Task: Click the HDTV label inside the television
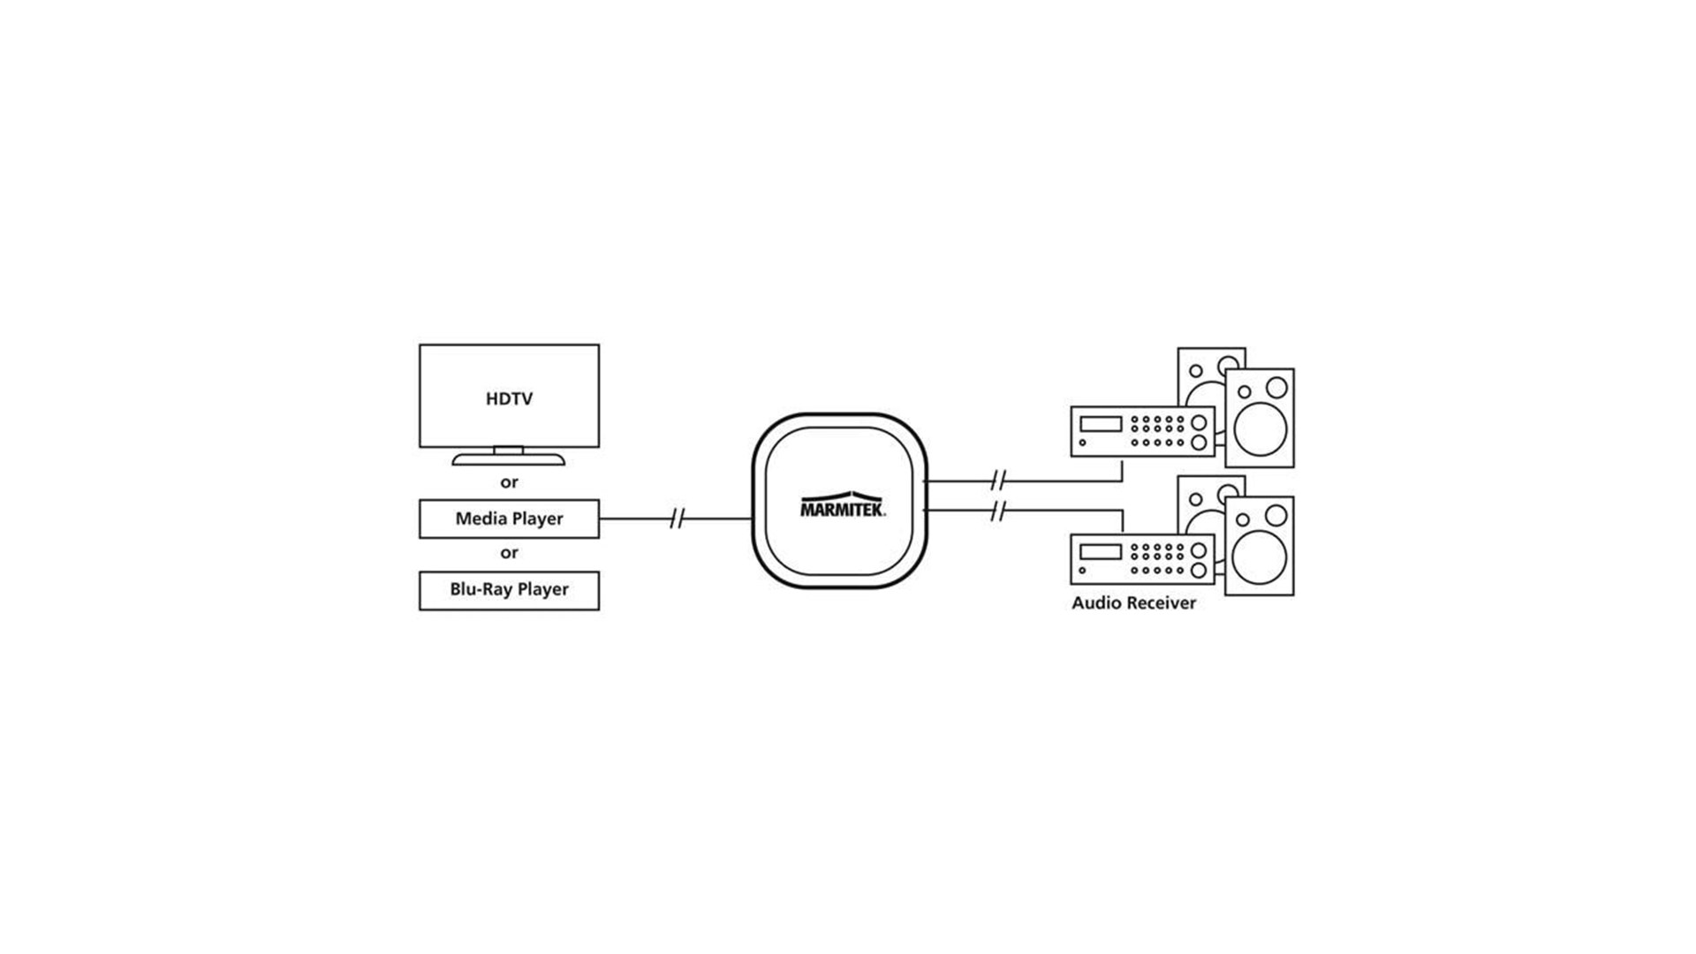tap(509, 399)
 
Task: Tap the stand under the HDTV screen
tap(509, 458)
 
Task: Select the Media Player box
tap(509, 519)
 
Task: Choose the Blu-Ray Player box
tap(509, 590)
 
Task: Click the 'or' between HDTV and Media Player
tap(509, 482)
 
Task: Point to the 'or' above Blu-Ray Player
tap(509, 553)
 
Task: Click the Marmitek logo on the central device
tap(842, 506)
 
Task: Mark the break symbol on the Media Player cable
tap(677, 519)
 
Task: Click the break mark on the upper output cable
tap(998, 481)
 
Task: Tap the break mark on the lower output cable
tap(998, 511)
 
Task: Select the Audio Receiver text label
tap(1133, 603)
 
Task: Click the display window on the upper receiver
tap(1101, 424)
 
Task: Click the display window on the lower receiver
tap(1101, 552)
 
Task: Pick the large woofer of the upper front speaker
tap(1260, 430)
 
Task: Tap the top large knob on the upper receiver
tap(1199, 423)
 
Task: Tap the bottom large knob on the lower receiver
tap(1199, 571)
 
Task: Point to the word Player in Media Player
tap(537, 519)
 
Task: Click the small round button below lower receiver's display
tap(1082, 571)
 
